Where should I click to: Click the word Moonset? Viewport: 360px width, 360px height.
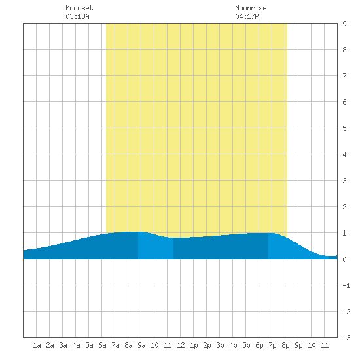tap(79, 8)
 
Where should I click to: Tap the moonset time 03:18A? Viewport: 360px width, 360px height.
tap(77, 16)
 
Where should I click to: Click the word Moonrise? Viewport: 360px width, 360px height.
tap(251, 8)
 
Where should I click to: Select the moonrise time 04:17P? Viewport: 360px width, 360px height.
tap(247, 16)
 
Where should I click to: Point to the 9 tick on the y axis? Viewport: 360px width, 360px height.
tap(344, 24)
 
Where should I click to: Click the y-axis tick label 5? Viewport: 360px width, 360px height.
tap(344, 128)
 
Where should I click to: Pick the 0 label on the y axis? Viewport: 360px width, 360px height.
tap(344, 259)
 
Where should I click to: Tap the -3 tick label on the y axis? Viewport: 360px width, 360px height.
tap(346, 338)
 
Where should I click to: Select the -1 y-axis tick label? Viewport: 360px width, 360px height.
tap(346, 285)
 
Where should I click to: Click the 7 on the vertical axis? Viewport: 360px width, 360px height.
tap(344, 76)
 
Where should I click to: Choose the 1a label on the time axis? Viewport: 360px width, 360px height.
tap(37, 345)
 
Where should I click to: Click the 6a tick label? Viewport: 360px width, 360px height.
tap(102, 345)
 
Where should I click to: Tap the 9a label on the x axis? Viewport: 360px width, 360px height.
tap(141, 345)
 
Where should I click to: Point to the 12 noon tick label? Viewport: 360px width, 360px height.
tap(181, 345)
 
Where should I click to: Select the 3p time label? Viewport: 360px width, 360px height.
tap(220, 345)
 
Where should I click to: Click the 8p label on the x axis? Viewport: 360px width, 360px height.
tap(285, 345)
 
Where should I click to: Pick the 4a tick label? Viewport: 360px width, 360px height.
tap(76, 345)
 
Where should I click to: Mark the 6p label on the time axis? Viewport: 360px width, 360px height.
tap(259, 345)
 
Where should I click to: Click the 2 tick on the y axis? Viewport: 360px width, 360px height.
tap(344, 207)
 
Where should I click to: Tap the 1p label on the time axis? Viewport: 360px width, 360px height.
tap(194, 345)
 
